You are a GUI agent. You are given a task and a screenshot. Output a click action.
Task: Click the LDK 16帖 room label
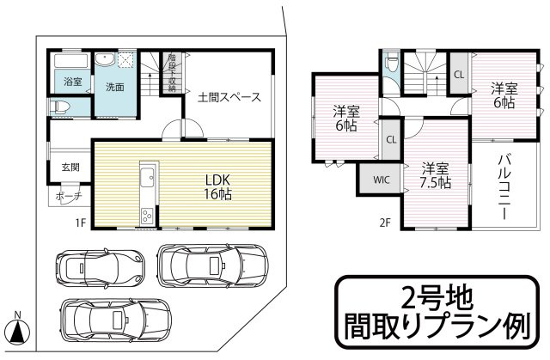(218, 186)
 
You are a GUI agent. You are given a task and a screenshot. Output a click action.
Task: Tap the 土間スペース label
(229, 97)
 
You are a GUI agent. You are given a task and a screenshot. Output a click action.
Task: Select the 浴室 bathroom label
(72, 82)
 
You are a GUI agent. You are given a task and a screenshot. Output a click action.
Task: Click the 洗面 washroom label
(115, 87)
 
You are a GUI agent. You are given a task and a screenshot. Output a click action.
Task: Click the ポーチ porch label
(69, 196)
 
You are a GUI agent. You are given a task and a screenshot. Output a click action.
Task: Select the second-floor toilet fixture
(392, 64)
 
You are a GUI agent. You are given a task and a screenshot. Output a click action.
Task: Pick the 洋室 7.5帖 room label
(436, 175)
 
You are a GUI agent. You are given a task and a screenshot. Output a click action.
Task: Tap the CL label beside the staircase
(459, 75)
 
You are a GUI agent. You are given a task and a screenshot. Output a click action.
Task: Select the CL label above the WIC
(391, 139)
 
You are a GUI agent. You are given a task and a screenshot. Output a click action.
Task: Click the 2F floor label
(385, 223)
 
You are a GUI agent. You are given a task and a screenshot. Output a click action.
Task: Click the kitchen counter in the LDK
(145, 192)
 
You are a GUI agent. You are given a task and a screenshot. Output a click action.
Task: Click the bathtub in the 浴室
(70, 63)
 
